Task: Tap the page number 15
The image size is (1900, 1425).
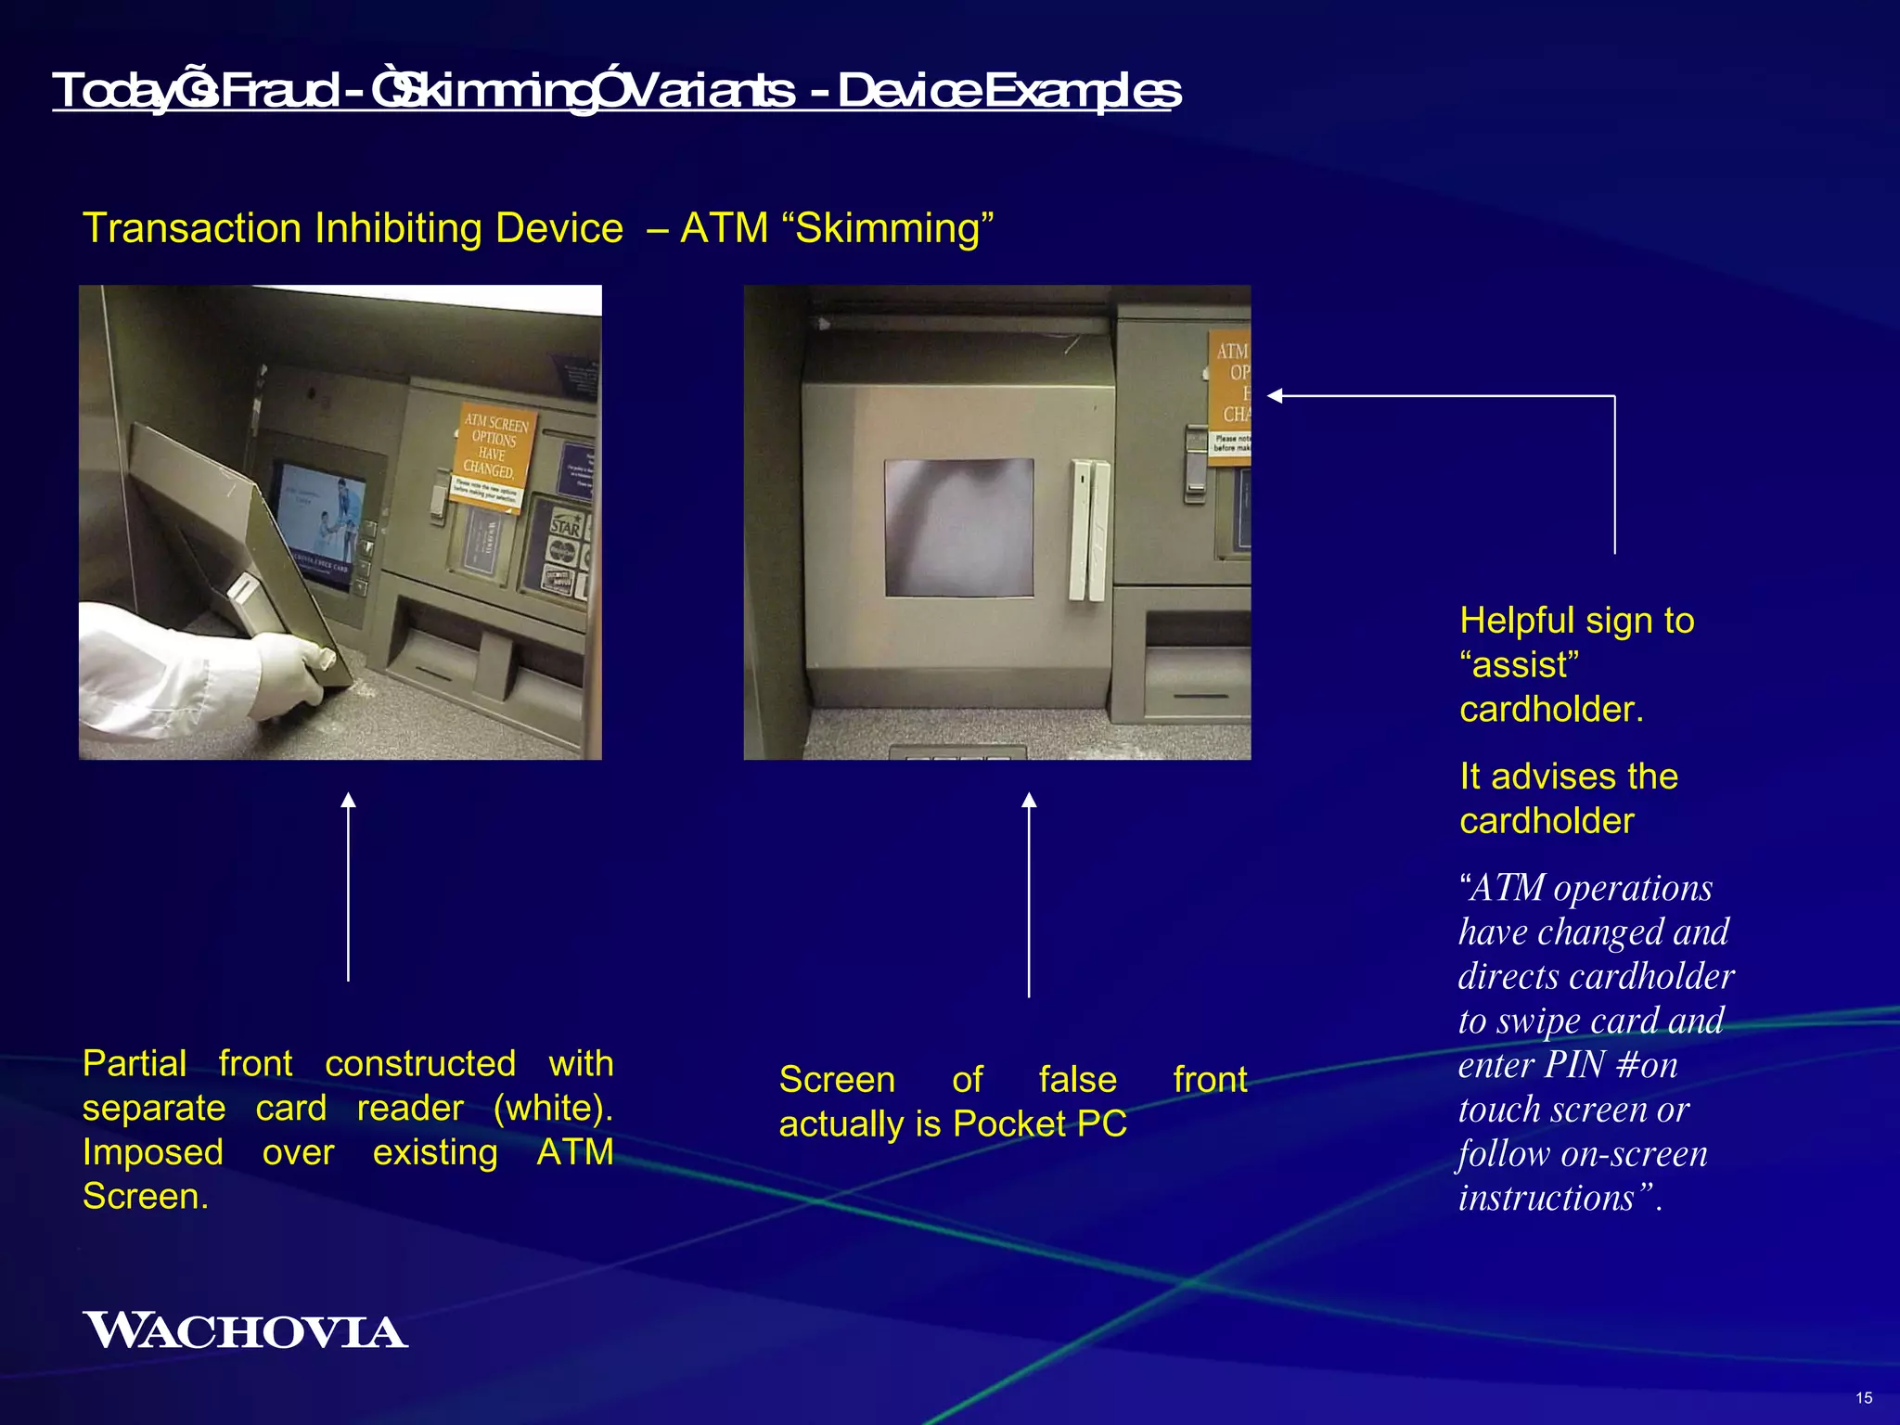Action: tap(1864, 1397)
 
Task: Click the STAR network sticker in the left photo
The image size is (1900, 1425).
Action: tap(565, 527)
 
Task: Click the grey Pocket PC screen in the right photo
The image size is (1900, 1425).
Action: tap(958, 527)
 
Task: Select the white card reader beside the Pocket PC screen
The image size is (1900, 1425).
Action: tap(1087, 529)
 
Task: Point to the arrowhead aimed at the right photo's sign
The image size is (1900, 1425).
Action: tap(1276, 396)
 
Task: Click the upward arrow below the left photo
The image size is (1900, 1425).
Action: tap(348, 886)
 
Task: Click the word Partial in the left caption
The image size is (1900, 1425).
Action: tap(135, 1063)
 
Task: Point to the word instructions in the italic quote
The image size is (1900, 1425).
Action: tap(1546, 1198)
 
